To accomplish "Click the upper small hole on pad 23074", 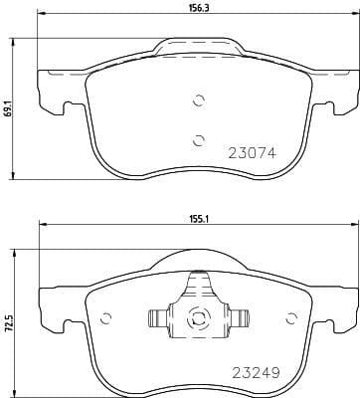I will pos(198,99).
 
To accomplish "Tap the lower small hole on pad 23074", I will pos(198,138).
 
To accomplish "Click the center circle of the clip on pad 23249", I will pos(197,319).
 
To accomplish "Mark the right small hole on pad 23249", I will pos(290,319).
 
